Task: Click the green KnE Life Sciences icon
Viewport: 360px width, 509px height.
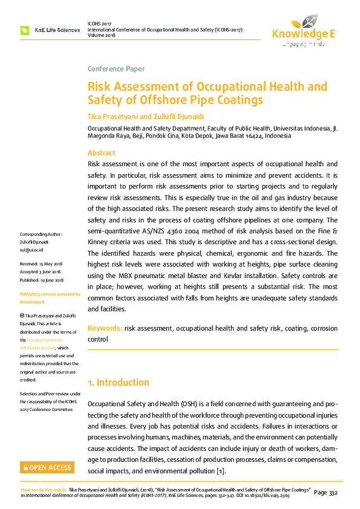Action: pos(25,30)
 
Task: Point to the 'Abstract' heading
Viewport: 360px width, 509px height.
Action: pos(101,153)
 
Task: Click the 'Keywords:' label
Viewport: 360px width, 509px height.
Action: pos(105,328)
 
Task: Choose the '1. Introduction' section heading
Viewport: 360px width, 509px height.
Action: pos(118,383)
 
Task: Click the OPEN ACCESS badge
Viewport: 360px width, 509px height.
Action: pos(47,467)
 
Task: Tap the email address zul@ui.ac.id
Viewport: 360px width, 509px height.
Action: pos(31,249)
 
